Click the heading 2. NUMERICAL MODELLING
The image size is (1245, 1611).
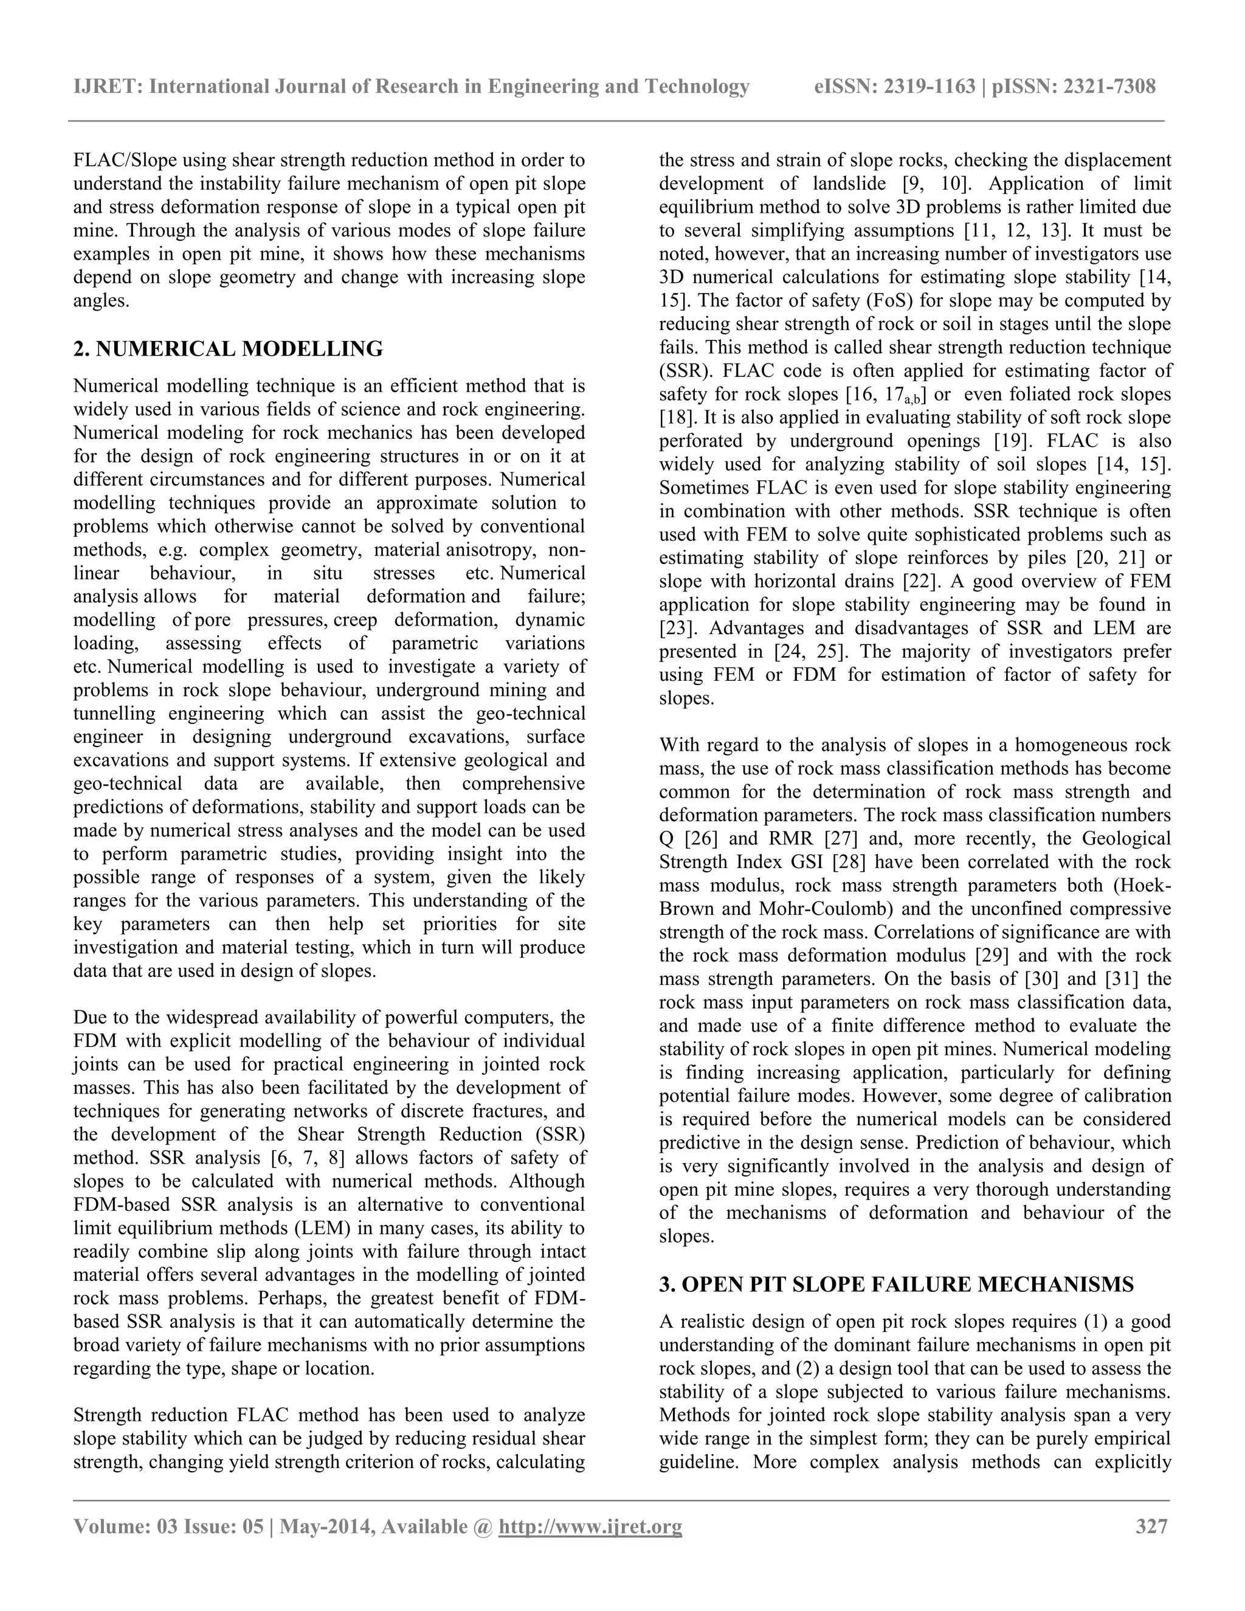click(x=228, y=349)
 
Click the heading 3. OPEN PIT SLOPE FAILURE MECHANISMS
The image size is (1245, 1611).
click(x=896, y=1285)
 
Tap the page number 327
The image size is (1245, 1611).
click(x=1151, y=1525)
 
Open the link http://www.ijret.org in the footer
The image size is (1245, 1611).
click(x=590, y=1525)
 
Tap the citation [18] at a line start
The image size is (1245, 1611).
click(x=677, y=418)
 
